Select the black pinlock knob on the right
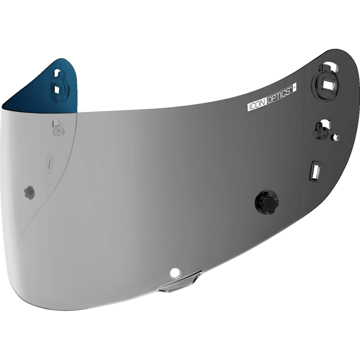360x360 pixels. point(266,202)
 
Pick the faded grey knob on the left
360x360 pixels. point(30,193)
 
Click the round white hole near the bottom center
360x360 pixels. point(175,273)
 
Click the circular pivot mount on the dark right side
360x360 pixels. point(325,85)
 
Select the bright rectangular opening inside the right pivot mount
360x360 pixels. point(327,85)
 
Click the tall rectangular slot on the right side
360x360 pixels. point(315,171)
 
